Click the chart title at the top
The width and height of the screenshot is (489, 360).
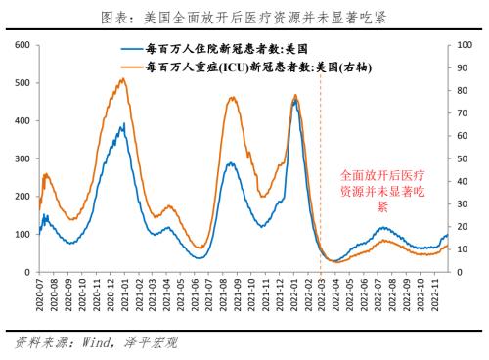[x=244, y=17]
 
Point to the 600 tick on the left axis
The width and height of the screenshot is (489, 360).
[x=21, y=45]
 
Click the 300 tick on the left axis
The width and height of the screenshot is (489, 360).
[x=21, y=158]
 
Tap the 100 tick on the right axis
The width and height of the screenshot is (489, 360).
[x=467, y=45]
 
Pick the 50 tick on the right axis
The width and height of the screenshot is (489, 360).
[x=464, y=158]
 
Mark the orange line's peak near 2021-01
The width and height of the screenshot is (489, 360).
[x=121, y=79]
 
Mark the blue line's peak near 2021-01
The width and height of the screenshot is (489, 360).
[x=122, y=124]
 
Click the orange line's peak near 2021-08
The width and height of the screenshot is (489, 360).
[x=232, y=97]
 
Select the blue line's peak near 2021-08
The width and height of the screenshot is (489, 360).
[x=231, y=163]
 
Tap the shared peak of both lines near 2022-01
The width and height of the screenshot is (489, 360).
[x=295, y=97]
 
